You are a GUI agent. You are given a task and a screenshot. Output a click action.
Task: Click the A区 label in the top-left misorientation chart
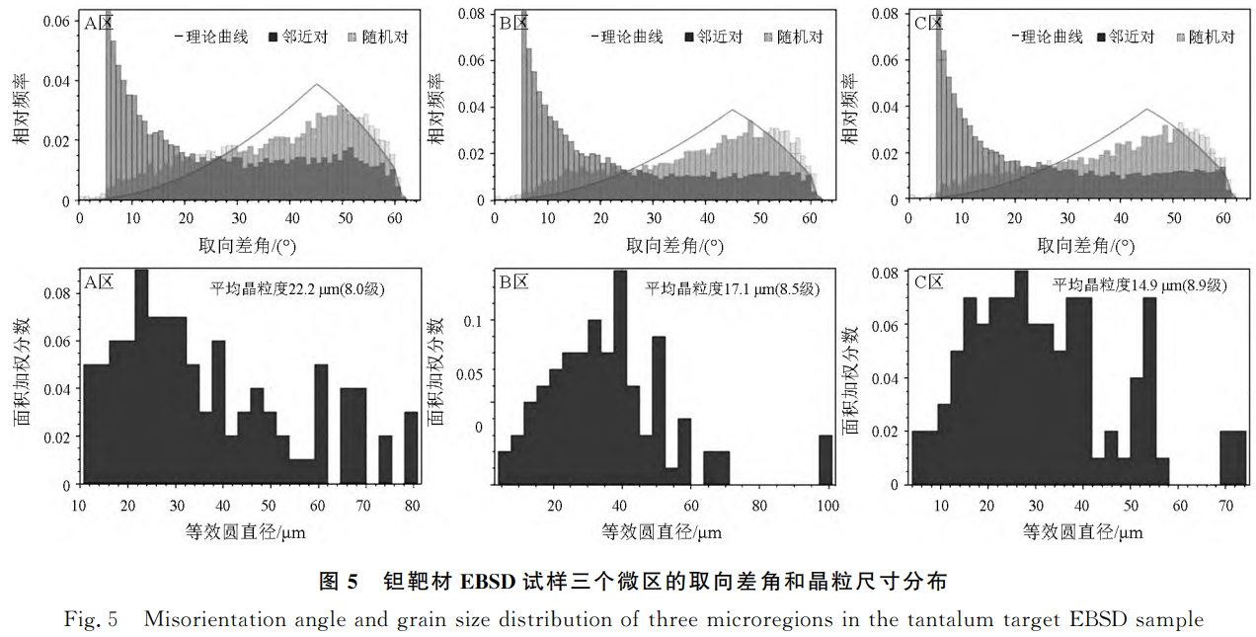[99, 21]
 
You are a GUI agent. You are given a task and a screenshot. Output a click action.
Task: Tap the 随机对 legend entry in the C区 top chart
[1205, 37]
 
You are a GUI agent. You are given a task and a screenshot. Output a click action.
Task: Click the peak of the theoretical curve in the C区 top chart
[1147, 109]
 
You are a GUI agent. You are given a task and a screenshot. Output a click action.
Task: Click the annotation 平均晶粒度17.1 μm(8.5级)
[733, 288]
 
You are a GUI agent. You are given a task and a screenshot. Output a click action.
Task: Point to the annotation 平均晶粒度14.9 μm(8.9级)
[1138, 285]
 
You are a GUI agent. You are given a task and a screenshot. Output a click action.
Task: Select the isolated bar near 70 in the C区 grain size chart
[1232, 457]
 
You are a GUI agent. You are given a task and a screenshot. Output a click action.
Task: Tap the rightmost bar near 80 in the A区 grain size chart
[411, 447]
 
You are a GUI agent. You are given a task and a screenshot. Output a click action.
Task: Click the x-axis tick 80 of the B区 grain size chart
[758, 506]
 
